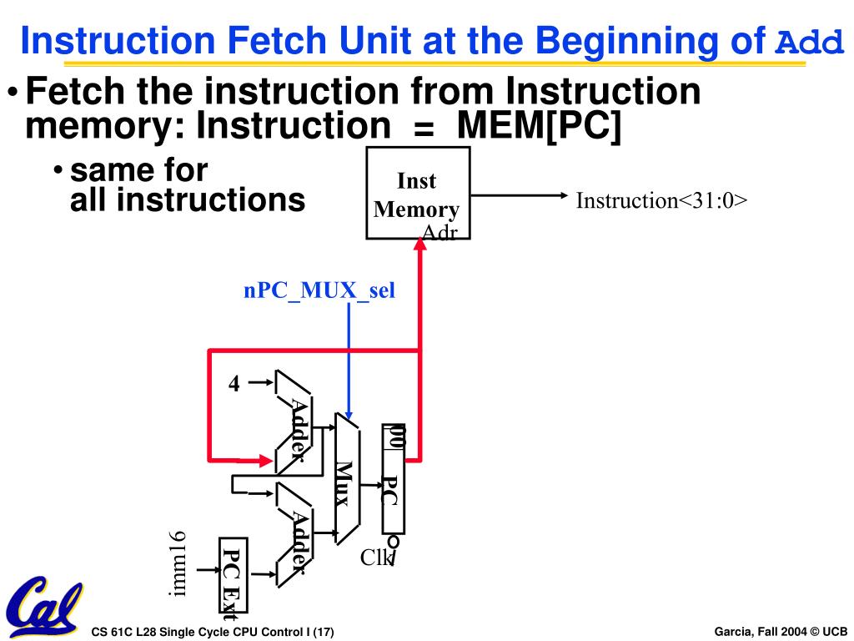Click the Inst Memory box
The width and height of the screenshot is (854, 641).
click(x=418, y=193)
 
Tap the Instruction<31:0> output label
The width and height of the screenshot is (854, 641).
click(x=661, y=201)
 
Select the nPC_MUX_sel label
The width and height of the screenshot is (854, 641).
click(x=319, y=291)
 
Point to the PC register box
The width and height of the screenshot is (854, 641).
click(x=393, y=479)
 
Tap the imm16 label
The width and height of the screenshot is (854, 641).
click(x=177, y=563)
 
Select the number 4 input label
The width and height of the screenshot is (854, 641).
click(x=234, y=383)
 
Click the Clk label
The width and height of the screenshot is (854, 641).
click(x=375, y=558)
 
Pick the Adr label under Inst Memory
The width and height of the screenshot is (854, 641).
click(x=440, y=233)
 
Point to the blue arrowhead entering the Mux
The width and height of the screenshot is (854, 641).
click(x=349, y=415)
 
